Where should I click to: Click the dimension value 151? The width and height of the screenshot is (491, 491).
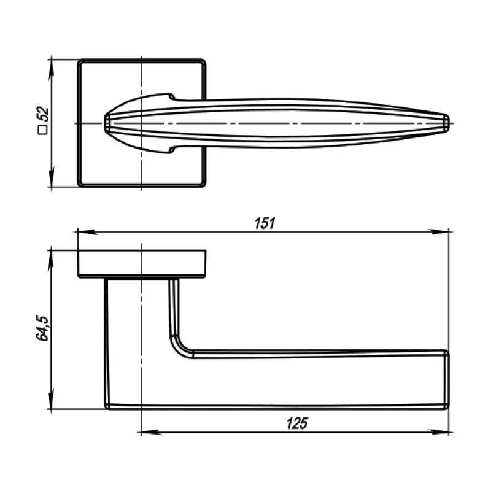(x=264, y=223)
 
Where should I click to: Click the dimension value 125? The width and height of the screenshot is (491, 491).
(x=296, y=423)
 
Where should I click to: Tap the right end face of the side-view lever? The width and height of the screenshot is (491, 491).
(x=447, y=379)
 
